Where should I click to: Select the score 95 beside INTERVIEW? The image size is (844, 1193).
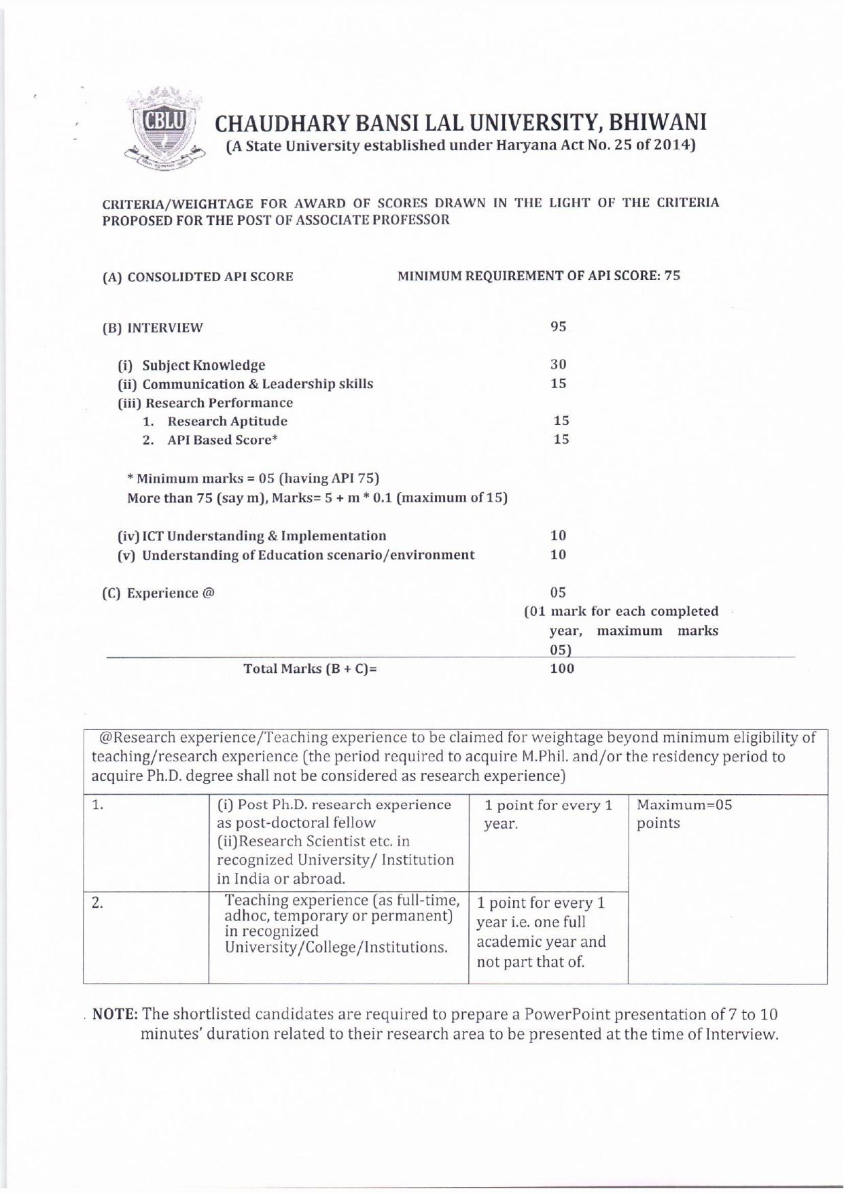click(x=558, y=326)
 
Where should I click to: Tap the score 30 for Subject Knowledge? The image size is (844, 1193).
click(x=558, y=364)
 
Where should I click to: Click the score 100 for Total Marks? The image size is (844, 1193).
click(x=561, y=668)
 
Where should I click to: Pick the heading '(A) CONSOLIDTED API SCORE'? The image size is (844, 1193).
click(x=198, y=277)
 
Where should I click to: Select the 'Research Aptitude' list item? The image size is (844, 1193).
click(x=227, y=421)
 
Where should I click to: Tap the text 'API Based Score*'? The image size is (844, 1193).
click(x=223, y=440)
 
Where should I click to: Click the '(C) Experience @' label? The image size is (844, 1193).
click(x=158, y=593)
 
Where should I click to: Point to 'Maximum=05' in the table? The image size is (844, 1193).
click(x=684, y=806)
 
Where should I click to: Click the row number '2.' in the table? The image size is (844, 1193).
click(x=98, y=903)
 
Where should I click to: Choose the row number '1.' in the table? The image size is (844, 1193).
click(x=98, y=806)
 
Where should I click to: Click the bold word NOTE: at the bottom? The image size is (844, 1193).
click(x=116, y=1014)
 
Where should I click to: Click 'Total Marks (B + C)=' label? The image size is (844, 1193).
click(x=310, y=669)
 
